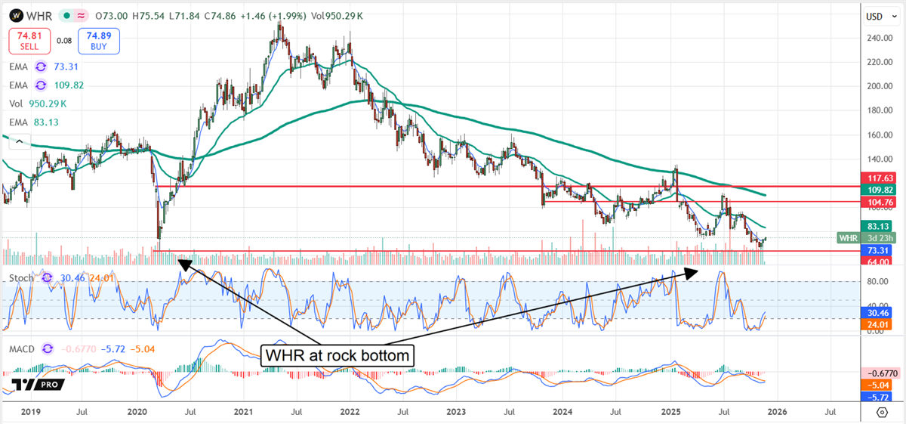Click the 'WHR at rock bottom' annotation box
point(337,355)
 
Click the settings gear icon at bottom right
point(881,412)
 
